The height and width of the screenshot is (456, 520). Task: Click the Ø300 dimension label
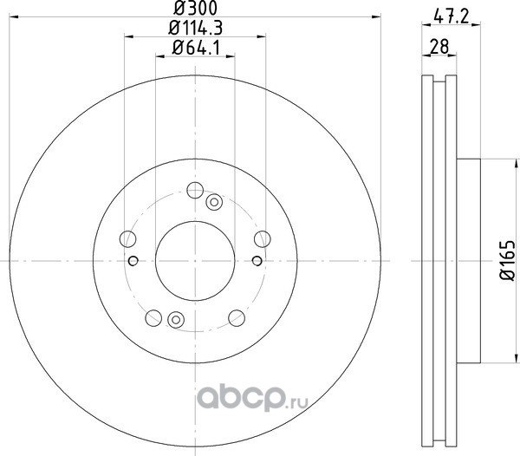point(195,8)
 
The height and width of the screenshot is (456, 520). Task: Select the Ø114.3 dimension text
point(195,28)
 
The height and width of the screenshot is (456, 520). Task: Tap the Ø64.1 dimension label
point(196,49)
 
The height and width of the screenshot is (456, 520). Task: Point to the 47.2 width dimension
point(452,16)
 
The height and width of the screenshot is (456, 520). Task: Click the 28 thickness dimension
point(439,47)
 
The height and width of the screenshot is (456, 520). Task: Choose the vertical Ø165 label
point(507,261)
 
